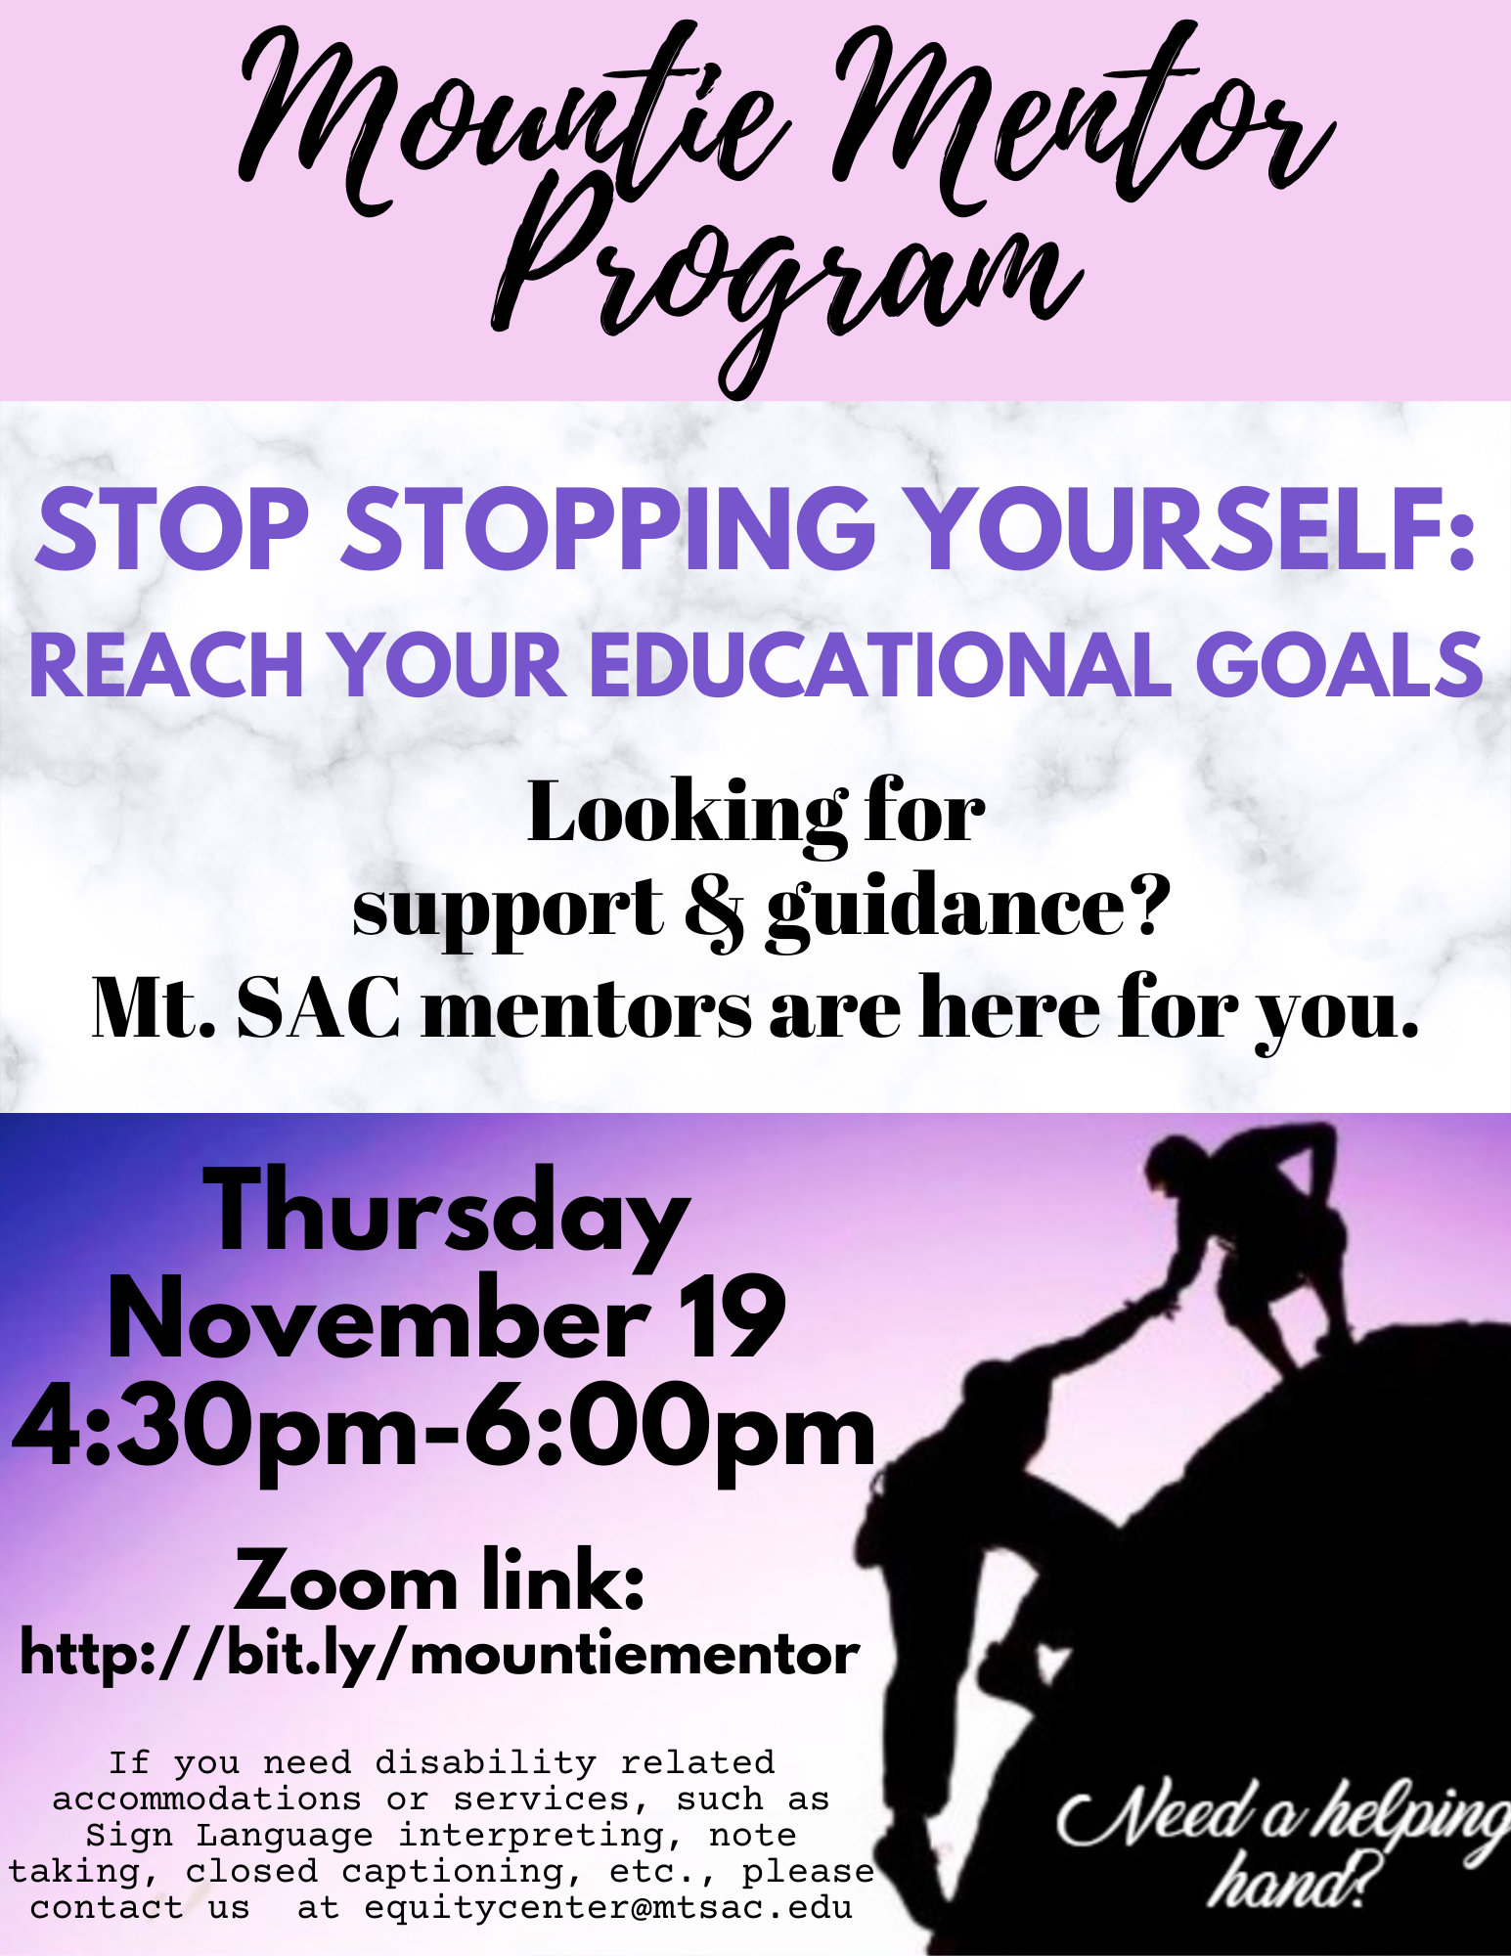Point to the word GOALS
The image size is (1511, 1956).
point(1339,665)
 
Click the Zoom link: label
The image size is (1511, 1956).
point(440,1581)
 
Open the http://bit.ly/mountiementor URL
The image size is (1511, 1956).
point(440,1657)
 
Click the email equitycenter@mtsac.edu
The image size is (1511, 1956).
point(608,1907)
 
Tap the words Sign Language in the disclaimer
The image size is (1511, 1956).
point(230,1836)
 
